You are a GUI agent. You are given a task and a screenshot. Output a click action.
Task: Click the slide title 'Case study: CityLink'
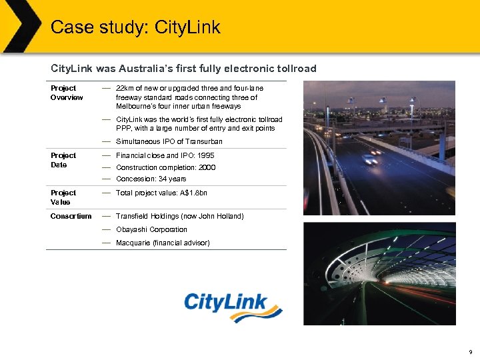click(135, 27)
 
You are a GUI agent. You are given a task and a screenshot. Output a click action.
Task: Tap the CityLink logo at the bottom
click(233, 307)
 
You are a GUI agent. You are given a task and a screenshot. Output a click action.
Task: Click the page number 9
click(471, 351)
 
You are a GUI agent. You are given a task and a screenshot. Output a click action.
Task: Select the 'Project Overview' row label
click(67, 93)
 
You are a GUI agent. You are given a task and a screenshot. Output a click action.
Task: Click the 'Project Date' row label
click(63, 160)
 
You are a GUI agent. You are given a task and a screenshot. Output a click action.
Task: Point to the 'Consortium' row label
click(71, 216)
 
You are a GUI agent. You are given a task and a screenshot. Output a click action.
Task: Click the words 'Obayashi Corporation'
click(151, 229)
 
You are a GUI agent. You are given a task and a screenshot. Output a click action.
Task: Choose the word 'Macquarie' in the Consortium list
click(133, 243)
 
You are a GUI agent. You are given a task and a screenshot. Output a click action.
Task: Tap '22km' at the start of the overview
click(125, 88)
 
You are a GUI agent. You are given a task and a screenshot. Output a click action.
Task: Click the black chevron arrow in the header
click(20, 27)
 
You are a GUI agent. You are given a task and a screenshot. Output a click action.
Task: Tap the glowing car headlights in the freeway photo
click(369, 159)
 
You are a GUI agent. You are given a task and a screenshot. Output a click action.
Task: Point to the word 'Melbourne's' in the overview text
click(135, 106)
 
